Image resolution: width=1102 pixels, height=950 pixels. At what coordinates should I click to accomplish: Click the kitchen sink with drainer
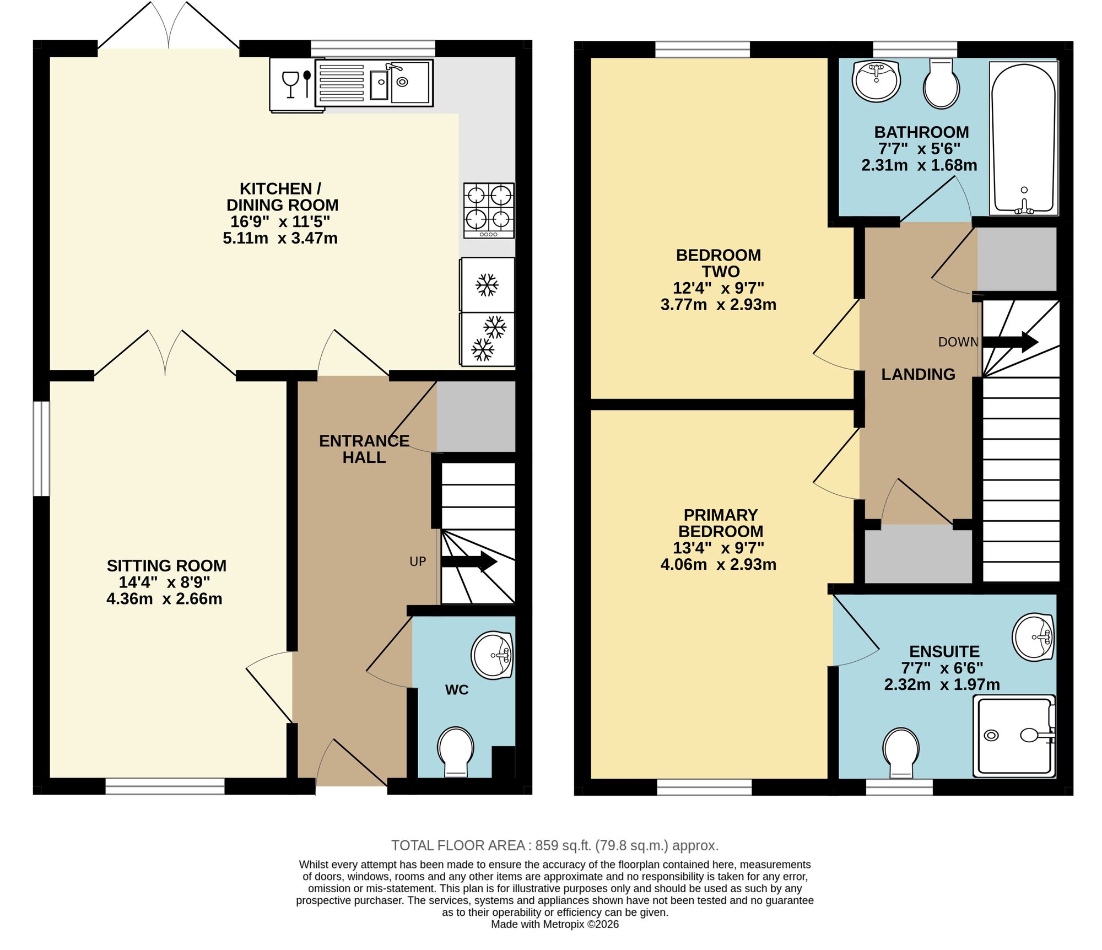tap(374, 83)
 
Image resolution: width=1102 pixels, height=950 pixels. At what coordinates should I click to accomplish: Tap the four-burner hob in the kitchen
tap(489, 210)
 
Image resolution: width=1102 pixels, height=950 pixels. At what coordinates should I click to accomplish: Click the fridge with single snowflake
tap(488, 285)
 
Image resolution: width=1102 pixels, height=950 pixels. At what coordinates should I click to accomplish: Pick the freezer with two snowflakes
tap(488, 339)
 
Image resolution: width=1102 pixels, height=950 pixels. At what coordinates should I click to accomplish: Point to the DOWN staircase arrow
tap(1010, 342)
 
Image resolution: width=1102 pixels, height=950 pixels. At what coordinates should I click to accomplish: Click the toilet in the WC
tap(456, 752)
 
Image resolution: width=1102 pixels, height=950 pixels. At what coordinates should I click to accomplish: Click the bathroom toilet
tap(941, 84)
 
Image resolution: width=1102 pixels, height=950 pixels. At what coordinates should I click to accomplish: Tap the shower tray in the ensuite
tap(1014, 736)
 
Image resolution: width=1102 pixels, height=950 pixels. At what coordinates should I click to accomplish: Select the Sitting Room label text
tap(166, 566)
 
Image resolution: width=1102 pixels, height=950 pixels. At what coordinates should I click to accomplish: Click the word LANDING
tap(918, 375)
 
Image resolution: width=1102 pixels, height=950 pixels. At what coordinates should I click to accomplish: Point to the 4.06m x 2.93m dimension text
tap(719, 564)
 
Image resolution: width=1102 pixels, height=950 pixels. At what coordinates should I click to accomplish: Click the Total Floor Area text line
tap(554, 845)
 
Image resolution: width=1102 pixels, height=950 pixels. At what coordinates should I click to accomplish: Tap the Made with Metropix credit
tap(554, 925)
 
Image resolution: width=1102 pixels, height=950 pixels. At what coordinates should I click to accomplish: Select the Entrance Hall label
tap(364, 449)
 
